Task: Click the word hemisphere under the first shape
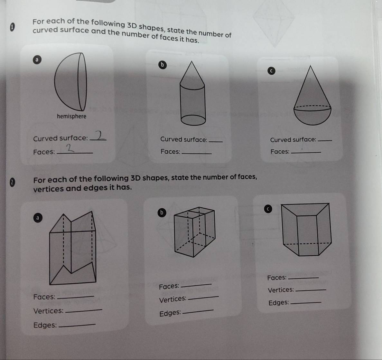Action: click(71, 116)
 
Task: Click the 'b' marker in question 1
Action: click(163, 65)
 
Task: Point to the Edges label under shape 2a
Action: click(45, 325)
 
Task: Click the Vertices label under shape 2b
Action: click(172, 299)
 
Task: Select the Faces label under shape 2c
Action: click(276, 278)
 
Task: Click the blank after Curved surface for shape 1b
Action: click(216, 141)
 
